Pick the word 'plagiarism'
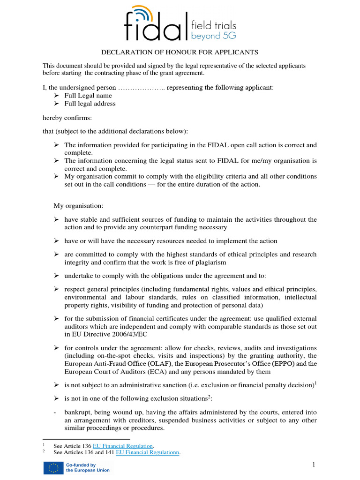[210, 262]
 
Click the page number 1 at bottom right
[314, 464]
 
